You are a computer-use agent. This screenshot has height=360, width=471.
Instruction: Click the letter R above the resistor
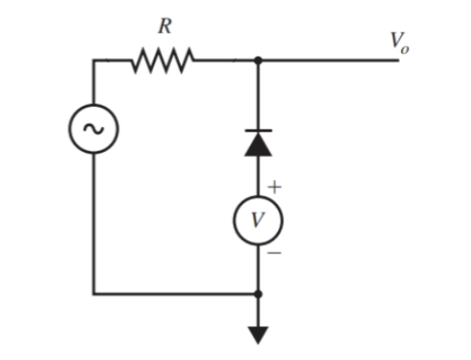click(x=163, y=26)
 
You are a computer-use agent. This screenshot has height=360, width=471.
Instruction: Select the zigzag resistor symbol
click(x=163, y=61)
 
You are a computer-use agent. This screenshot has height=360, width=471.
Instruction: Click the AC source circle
click(x=93, y=129)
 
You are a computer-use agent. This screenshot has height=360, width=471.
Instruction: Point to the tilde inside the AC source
click(x=93, y=129)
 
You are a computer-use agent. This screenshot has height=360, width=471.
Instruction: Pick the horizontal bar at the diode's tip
click(x=258, y=131)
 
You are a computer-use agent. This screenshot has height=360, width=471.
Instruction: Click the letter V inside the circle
click(x=258, y=219)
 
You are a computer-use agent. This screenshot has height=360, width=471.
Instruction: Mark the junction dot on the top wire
click(x=258, y=61)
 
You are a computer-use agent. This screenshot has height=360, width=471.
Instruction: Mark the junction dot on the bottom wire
click(x=258, y=294)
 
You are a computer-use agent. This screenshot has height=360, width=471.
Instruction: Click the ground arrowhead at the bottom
click(x=258, y=334)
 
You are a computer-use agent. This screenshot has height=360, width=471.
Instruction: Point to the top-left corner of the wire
click(x=93, y=61)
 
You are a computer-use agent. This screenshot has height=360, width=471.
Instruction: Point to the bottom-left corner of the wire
click(x=93, y=294)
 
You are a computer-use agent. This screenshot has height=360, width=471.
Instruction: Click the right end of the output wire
click(x=400, y=61)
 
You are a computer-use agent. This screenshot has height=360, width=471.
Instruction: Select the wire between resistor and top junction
click(x=225, y=61)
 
